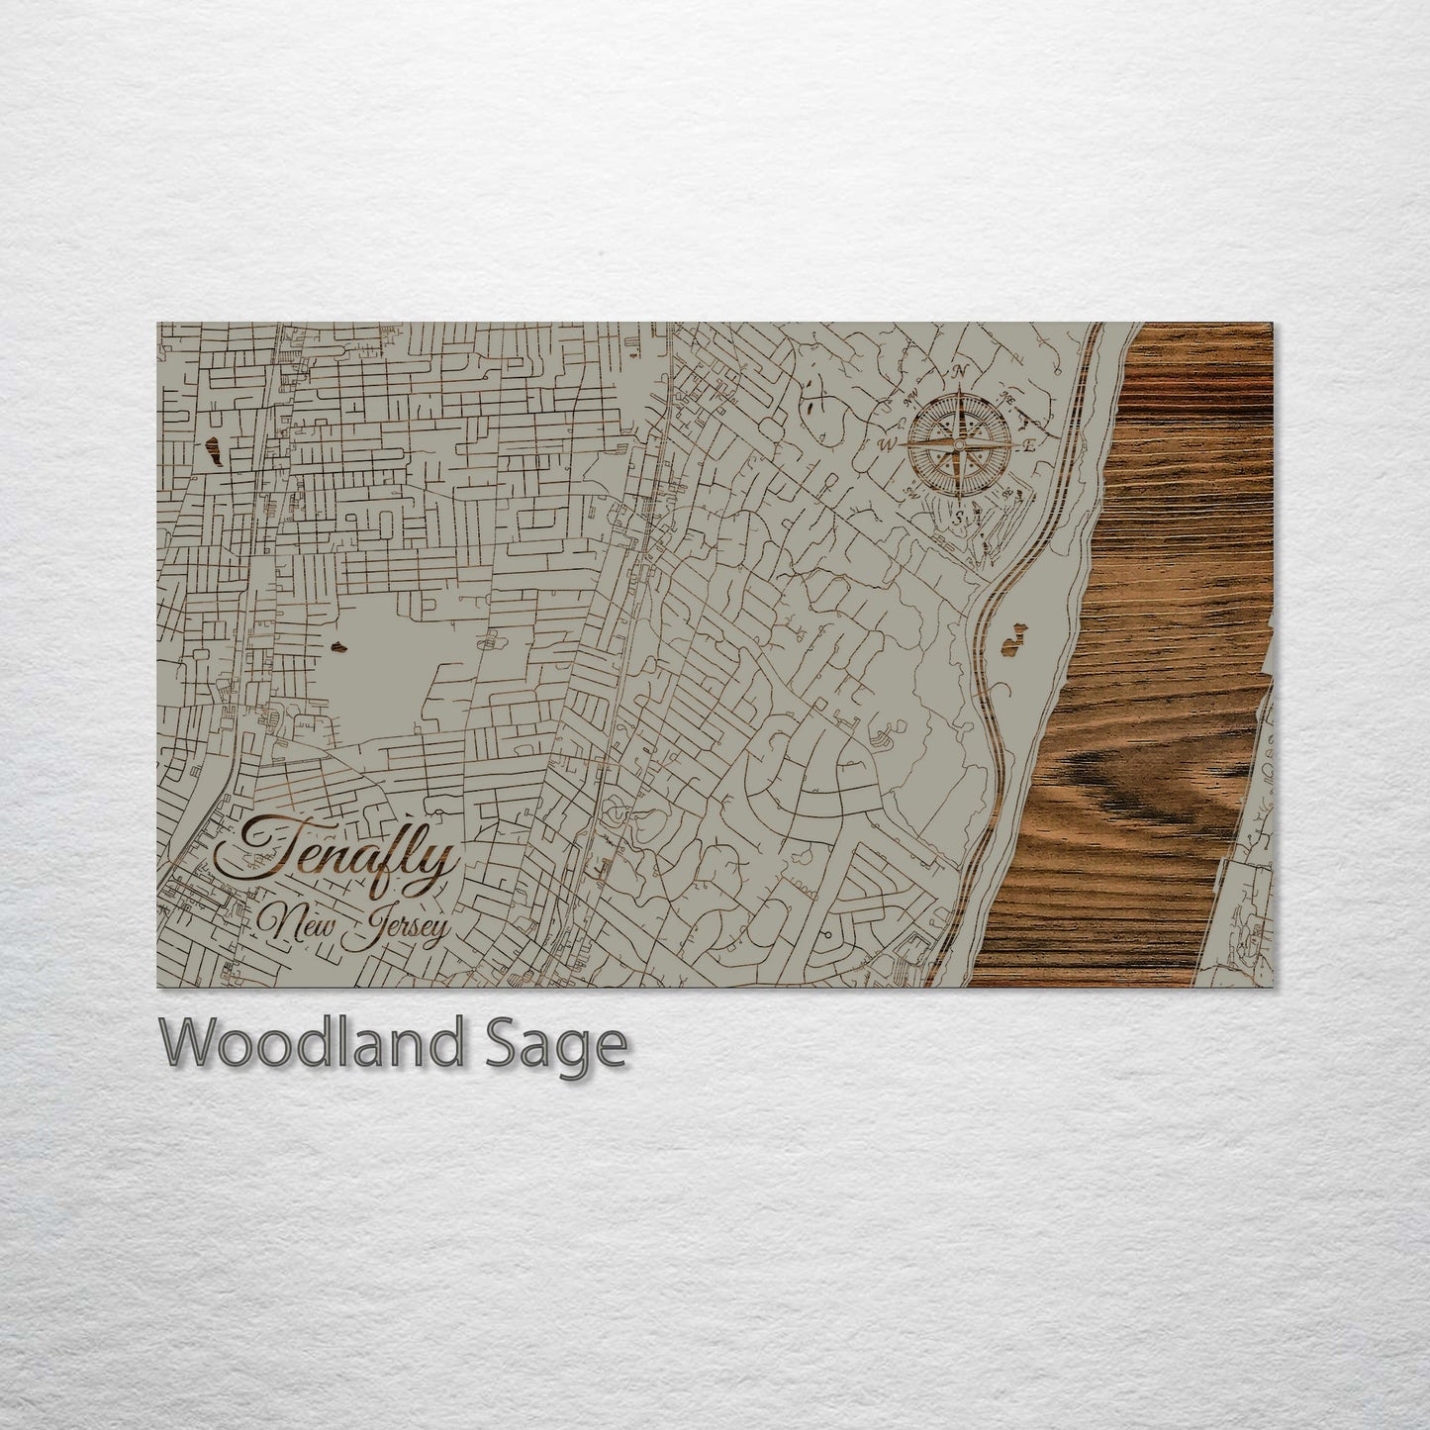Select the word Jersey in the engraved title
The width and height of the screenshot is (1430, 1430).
click(407, 927)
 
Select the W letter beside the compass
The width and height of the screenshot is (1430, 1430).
click(888, 444)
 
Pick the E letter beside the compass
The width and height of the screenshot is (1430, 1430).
click(1029, 444)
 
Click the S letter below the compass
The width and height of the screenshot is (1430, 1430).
click(958, 516)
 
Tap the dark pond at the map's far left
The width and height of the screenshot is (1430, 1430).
click(211, 455)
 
